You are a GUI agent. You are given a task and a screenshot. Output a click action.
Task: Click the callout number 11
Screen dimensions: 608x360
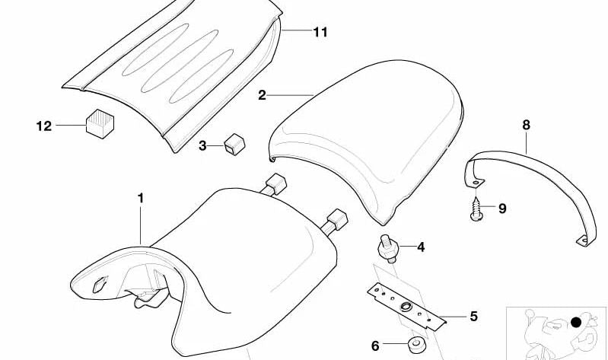[x=320, y=32]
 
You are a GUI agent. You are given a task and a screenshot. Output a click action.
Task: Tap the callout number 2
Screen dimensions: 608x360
[x=262, y=95]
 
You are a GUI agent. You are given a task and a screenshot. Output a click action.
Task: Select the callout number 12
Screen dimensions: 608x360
[x=44, y=126]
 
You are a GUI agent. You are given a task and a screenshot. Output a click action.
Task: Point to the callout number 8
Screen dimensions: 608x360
[x=526, y=125]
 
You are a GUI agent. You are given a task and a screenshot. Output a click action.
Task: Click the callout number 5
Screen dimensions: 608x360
[x=473, y=317]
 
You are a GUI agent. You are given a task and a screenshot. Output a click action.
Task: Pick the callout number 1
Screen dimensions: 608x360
[x=140, y=198]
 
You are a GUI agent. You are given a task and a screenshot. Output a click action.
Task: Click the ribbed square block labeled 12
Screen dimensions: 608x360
[x=100, y=124]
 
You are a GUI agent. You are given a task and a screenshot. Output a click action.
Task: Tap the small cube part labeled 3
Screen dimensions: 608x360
[x=234, y=145]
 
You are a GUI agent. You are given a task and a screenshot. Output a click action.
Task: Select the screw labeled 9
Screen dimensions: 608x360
[x=476, y=209]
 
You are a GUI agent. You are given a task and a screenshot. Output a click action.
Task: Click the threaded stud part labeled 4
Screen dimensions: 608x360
[x=388, y=249]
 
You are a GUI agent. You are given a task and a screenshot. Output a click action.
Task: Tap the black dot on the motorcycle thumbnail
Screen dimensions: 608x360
[x=576, y=322]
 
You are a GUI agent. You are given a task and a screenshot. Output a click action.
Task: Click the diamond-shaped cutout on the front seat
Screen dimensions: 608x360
[x=100, y=284]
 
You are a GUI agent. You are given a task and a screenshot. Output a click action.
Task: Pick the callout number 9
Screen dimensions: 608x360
[x=502, y=209]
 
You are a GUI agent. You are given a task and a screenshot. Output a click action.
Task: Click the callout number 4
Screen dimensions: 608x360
[x=421, y=247]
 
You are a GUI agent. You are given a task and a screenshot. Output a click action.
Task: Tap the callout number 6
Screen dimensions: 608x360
[x=375, y=346]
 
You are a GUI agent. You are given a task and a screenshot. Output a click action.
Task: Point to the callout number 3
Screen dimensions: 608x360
[x=202, y=146]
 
